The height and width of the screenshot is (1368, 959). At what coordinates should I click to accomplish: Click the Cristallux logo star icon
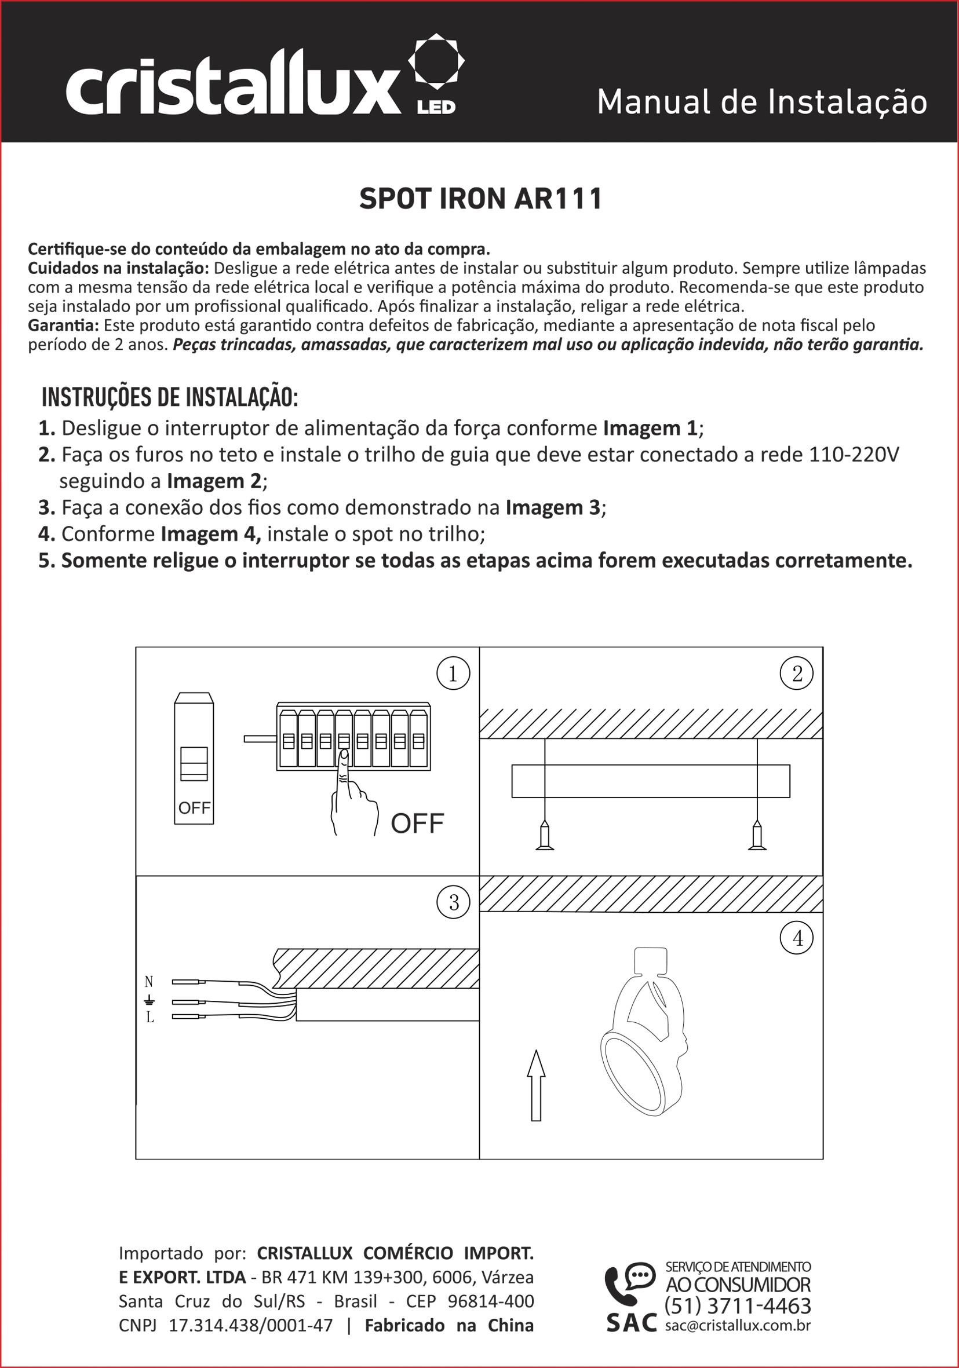pos(436,61)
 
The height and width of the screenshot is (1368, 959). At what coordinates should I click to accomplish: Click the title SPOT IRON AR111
pos(480,199)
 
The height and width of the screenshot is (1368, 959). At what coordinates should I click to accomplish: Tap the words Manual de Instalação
pos(762,102)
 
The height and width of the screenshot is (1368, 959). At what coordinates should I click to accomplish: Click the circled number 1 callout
pos(453,674)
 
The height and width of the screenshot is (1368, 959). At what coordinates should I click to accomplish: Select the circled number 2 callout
pos(797,674)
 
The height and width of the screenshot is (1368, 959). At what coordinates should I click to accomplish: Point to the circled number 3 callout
pos(454,903)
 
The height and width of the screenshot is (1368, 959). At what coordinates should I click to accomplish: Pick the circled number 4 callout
pos(797,938)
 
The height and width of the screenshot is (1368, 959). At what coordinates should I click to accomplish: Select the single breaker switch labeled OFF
pos(194,758)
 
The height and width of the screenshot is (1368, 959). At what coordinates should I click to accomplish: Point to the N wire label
pos(149,981)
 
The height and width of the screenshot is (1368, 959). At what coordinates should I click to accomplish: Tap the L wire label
pos(149,1018)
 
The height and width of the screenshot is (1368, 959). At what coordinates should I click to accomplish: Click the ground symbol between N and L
pos(149,1000)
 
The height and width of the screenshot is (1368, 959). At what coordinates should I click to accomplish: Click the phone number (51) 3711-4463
pos(738,1305)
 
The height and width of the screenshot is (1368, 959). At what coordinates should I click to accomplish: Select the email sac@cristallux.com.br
pos(738,1326)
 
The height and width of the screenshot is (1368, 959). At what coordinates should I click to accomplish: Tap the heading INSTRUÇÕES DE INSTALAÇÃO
pos(170,397)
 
